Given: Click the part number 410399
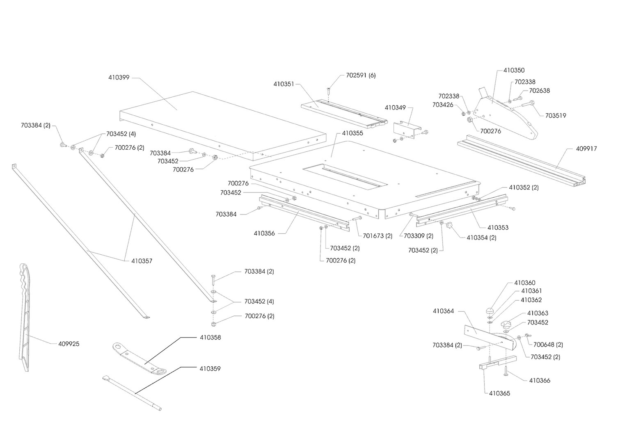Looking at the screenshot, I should coord(119,77).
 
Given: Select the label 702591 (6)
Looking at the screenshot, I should coord(361,75).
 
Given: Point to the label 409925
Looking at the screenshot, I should coord(69,344).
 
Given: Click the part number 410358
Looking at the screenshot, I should coord(210,337).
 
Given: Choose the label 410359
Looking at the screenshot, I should coord(210,368).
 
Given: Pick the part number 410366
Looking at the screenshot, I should coord(540,380).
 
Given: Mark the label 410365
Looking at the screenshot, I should coord(499,393).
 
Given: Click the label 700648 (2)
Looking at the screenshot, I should coord(548,345).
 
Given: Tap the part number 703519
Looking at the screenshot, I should coord(556,115).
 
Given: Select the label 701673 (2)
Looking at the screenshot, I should coord(378,236).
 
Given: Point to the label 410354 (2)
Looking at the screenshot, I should coord(481,237).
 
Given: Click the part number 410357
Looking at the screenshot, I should coord(142,260).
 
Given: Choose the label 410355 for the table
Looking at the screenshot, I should coord(352,133).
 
